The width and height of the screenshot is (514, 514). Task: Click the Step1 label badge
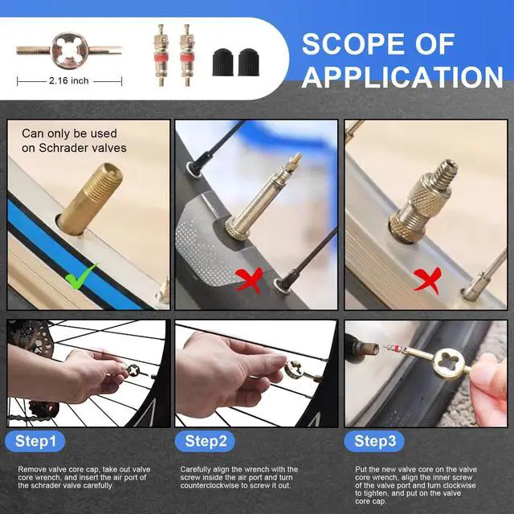(x=35, y=441)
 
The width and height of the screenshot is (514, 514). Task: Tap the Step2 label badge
(x=205, y=441)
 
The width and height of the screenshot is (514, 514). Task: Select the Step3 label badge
(x=374, y=441)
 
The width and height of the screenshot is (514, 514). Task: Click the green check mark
(x=81, y=276)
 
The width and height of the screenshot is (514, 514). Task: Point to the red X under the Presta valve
(x=250, y=280)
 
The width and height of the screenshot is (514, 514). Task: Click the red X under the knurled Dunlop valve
(x=427, y=280)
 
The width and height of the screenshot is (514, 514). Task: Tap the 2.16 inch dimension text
(x=69, y=80)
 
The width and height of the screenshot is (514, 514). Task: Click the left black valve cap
(x=223, y=63)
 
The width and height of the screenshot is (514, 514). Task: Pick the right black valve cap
(x=248, y=63)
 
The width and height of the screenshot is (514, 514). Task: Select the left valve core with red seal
(x=161, y=55)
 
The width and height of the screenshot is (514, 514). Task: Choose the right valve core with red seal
(x=187, y=55)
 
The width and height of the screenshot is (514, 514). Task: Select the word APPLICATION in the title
(x=402, y=77)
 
